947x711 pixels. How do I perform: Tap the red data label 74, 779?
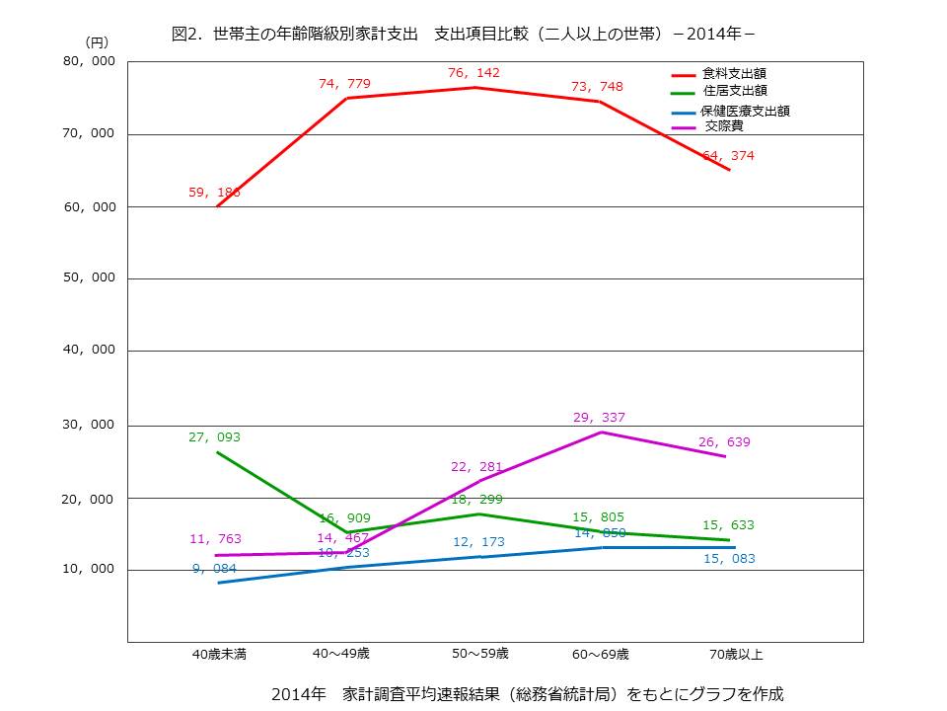[x=345, y=83]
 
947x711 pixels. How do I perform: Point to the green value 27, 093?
[x=214, y=436]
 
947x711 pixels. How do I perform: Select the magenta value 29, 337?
[x=599, y=418]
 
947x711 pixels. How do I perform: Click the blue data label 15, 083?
[x=729, y=560]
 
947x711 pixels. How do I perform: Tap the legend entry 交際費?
[x=725, y=127]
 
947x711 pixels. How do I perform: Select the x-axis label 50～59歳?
[x=480, y=653]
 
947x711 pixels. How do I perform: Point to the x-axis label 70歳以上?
[x=736, y=654]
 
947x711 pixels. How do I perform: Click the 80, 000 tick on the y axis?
[x=90, y=61]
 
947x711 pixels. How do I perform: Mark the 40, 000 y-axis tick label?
[x=90, y=351]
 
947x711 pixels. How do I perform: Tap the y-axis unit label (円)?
[x=97, y=41]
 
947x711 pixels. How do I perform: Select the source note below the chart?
[x=527, y=693]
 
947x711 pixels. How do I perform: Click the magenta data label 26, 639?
[x=724, y=442]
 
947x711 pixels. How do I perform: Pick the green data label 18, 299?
[x=476, y=500]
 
